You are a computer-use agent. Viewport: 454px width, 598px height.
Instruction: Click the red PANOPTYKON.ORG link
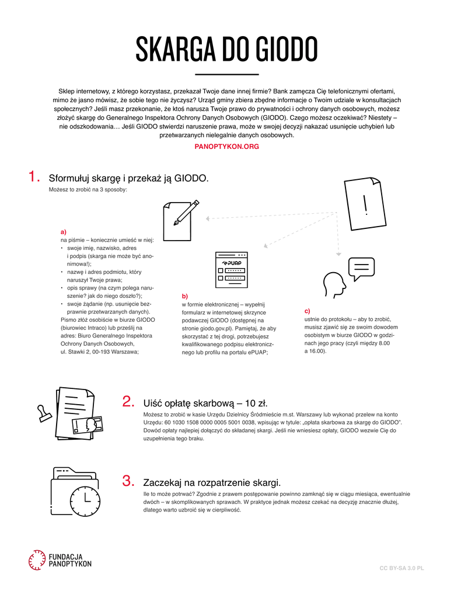(226, 147)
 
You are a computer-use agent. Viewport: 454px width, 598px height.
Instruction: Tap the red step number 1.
(34, 177)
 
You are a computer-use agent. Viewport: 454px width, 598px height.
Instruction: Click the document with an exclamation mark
(365, 206)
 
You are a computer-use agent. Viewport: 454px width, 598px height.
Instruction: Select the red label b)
(185, 296)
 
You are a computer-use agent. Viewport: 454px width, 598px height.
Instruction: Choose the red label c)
(307, 311)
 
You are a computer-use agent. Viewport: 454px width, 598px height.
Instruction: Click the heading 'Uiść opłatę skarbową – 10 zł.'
(205, 402)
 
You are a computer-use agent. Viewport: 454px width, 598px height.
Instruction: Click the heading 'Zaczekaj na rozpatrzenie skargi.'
(212, 482)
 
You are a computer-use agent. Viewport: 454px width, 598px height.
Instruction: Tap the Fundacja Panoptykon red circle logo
(36, 560)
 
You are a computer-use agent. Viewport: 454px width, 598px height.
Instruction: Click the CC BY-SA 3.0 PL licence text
(401, 568)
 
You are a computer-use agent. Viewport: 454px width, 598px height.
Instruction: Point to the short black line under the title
(226, 75)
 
